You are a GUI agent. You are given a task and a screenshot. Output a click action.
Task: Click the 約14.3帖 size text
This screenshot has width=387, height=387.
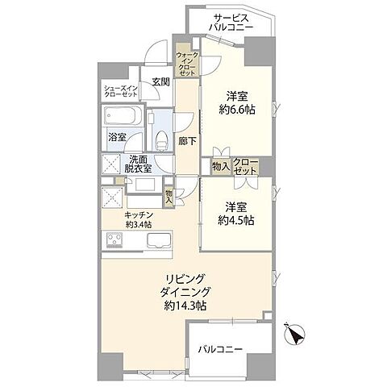[x=189, y=307]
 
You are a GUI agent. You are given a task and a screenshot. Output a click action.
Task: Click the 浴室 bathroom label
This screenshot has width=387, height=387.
[x=117, y=137]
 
